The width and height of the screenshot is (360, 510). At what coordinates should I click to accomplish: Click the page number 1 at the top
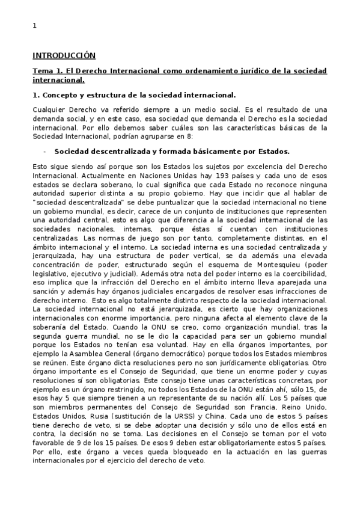point(34,25)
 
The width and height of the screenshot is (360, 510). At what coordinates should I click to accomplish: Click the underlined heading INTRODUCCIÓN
point(64,55)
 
